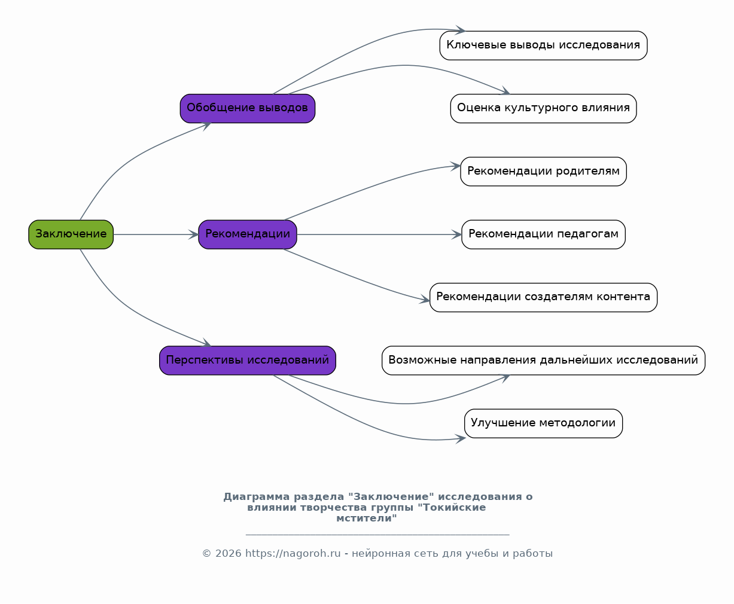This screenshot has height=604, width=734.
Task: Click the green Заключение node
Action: pyautogui.click(x=71, y=234)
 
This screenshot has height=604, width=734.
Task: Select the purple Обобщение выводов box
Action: pyautogui.click(x=248, y=108)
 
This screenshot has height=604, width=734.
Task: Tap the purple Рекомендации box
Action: pyautogui.click(x=248, y=234)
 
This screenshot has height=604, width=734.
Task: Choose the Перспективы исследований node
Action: pyautogui.click(x=248, y=360)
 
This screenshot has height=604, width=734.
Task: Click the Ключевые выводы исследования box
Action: pyautogui.click(x=543, y=45)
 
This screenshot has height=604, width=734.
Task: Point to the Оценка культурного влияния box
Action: pyautogui.click(x=543, y=108)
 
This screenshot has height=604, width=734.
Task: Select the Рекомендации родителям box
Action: pyautogui.click(x=543, y=171)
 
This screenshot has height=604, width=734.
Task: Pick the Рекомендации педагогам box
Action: pyautogui.click(x=543, y=234)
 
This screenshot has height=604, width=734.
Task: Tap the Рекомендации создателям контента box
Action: pyautogui.click(x=543, y=297)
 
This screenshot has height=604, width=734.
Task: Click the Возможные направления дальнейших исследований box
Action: pyautogui.click(x=543, y=360)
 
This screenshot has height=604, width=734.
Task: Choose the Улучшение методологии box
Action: pyautogui.click(x=543, y=423)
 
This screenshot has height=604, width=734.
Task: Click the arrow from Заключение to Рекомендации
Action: pyautogui.click(x=156, y=234)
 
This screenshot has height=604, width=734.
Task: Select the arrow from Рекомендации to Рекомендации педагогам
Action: pyautogui.click(x=379, y=234)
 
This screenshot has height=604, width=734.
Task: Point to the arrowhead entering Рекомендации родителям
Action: pyautogui.click(x=456, y=166)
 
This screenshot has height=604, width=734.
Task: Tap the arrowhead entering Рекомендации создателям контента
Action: pyautogui.click(x=425, y=299)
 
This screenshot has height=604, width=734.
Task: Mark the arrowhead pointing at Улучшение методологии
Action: pyautogui.click(x=461, y=438)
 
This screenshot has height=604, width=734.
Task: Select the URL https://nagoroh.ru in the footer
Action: pyautogui.click(x=293, y=553)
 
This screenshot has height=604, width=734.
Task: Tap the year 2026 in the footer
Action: pyautogui.click(x=228, y=553)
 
